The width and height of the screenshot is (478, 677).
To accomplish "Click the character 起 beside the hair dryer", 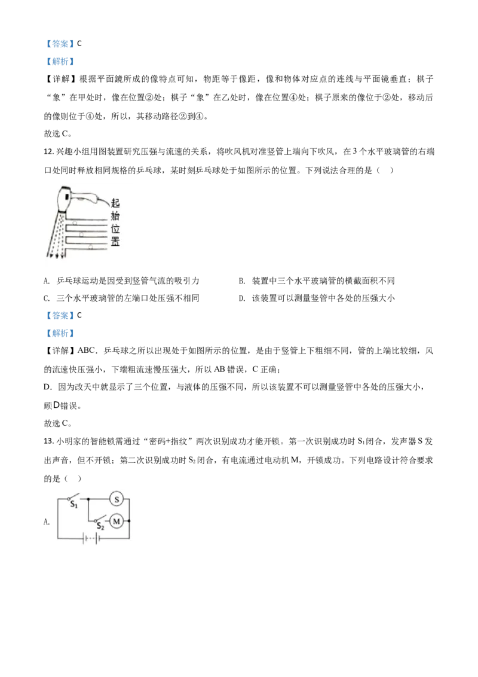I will [x=115, y=203].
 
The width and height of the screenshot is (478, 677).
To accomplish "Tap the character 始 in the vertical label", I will [x=115, y=216].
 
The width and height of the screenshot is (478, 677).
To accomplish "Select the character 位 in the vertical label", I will [x=115, y=229].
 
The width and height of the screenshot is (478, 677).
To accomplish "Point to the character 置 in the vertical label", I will [x=115, y=242].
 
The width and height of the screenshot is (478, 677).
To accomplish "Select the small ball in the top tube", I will [x=75, y=222].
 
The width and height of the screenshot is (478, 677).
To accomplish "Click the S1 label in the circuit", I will [x=74, y=506].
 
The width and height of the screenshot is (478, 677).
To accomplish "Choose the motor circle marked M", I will [x=117, y=522].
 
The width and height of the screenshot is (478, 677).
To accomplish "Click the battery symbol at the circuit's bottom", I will [x=90, y=538].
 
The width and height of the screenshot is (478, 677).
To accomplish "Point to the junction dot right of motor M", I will [x=129, y=522].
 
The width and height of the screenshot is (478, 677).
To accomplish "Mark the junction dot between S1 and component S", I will [x=88, y=498].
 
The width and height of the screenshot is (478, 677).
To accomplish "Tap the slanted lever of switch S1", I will [x=73, y=496].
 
